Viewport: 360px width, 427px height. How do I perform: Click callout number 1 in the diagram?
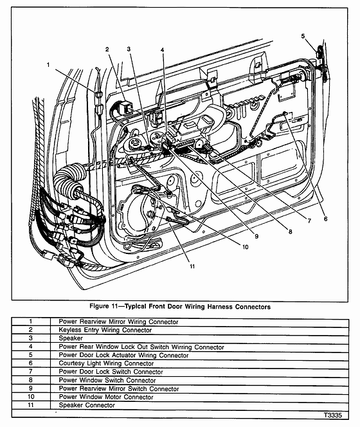(48, 65)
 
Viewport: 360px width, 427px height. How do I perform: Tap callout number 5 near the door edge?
(303, 36)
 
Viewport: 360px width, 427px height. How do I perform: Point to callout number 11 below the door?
(192, 266)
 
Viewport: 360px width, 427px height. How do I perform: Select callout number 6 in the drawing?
(325, 219)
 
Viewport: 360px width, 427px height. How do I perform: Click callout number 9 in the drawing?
(256, 237)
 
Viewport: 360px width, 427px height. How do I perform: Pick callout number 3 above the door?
(129, 49)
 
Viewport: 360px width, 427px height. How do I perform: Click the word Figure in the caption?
(99, 306)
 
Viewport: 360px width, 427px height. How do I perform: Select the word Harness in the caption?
(220, 307)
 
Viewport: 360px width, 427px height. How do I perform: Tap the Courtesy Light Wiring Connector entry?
(106, 363)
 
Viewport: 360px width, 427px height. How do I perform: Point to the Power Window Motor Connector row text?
(106, 397)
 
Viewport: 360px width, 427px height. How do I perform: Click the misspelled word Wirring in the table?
(182, 347)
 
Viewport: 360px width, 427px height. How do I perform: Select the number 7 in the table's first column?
(30, 372)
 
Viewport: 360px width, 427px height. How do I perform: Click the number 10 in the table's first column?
(30, 397)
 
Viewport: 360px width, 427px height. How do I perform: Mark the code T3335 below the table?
(333, 415)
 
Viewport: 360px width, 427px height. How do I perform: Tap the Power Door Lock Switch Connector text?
(111, 372)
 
